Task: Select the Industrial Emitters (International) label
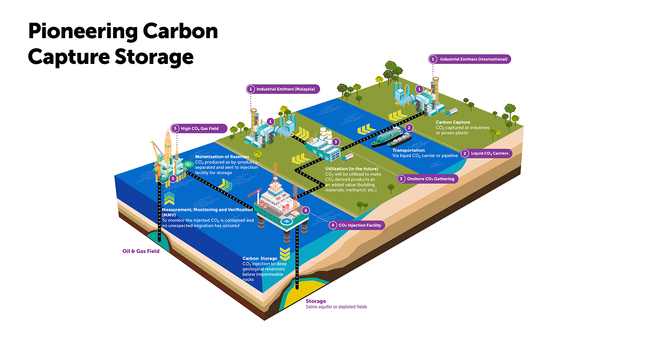470,59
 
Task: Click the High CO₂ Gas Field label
199,129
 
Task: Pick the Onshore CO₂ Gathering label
426,179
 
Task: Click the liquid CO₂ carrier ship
391,139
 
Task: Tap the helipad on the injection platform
286,221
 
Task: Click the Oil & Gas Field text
141,251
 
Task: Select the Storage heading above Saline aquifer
316,301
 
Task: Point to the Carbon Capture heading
453,122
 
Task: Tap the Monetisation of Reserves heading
222,157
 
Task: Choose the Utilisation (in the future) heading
351,169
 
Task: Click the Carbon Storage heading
260,258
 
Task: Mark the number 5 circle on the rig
173,178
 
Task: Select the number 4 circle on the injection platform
306,210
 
